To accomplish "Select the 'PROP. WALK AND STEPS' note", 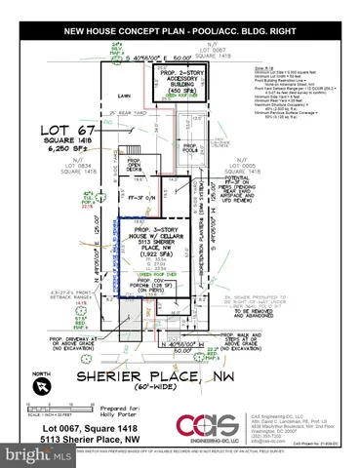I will pos(255,337).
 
